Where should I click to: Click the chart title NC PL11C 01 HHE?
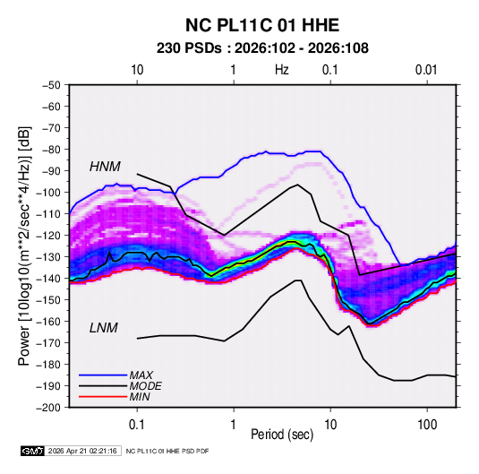coord(262,25)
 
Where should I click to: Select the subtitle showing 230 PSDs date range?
coord(262,48)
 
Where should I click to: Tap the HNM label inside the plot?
coord(105,167)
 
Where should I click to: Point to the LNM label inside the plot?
coord(104,328)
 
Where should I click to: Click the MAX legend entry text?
coord(141,375)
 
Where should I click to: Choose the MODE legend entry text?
coord(145,386)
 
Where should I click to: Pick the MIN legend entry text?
coord(140,397)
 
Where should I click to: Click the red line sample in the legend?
coord(103,397)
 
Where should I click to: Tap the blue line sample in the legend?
coord(103,375)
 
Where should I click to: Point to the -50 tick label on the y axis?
coord(51,85)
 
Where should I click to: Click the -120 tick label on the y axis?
coord(48,236)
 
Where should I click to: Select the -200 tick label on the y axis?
coord(48,408)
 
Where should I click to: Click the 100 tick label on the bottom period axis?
coord(427,425)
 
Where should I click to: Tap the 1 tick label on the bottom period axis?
coord(234,425)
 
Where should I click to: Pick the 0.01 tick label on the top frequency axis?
coord(426,70)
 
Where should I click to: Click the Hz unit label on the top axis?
coord(282,70)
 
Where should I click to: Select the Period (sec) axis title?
coord(282,435)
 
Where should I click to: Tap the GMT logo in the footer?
coord(32,451)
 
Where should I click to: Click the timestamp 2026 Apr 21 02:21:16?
coord(82,451)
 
